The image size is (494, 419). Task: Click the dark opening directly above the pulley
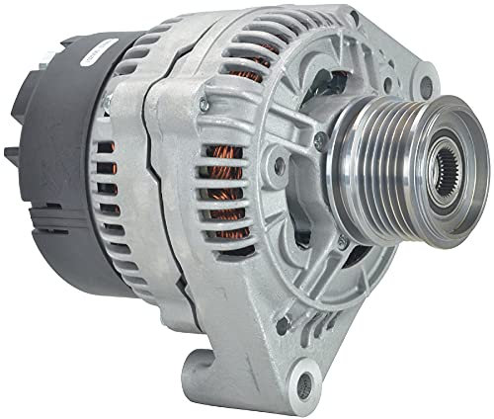click(361, 94)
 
